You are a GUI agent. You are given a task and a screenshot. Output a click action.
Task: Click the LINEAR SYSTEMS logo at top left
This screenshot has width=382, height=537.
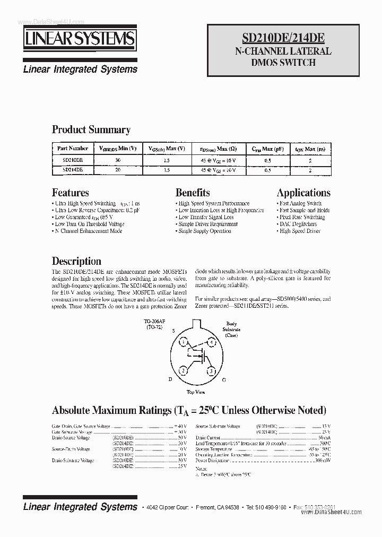point(79,40)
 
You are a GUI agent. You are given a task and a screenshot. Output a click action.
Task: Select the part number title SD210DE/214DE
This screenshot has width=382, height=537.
point(283,38)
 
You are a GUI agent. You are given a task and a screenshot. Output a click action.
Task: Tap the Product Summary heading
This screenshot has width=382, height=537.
point(91,129)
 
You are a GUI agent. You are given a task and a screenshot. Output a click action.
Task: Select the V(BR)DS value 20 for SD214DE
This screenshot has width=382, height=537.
point(117,170)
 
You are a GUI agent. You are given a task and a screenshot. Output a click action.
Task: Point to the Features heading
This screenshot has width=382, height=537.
point(70,193)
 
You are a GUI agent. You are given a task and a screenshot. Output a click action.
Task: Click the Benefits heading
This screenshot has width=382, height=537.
point(192,193)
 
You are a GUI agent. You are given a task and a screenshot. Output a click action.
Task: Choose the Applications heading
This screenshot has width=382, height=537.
point(303,193)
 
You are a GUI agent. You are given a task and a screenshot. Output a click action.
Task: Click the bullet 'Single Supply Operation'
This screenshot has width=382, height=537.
point(204,231)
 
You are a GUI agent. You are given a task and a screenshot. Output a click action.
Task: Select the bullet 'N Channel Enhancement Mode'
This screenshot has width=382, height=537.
point(88,231)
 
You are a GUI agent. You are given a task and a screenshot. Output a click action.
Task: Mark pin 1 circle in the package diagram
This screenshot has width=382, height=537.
point(183,342)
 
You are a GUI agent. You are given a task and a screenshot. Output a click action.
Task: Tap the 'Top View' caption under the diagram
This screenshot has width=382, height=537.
point(195,392)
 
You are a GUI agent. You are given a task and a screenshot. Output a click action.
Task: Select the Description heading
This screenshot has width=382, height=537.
point(76,261)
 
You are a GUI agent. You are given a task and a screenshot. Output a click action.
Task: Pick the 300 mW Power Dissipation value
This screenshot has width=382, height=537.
point(323,461)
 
